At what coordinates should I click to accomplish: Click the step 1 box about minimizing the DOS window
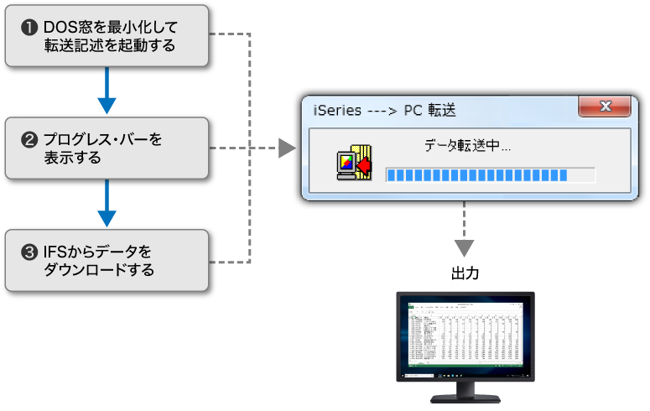pos(107,35)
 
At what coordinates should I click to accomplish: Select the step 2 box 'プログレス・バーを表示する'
pos(107,148)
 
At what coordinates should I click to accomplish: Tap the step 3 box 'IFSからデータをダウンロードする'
pos(107,260)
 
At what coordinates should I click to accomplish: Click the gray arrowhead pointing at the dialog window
pos(287,148)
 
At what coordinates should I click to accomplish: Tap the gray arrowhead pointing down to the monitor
pos(464,248)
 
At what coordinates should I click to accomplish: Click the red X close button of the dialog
pos(604,107)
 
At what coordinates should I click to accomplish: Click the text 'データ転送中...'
pos(467,146)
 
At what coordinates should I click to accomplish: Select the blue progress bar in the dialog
pos(476,174)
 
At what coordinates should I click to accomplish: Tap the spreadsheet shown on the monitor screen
pos(465,339)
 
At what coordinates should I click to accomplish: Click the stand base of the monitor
pos(465,399)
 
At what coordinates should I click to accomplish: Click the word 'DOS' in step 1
pos(60,27)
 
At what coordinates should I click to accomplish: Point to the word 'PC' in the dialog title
pos(415,110)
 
